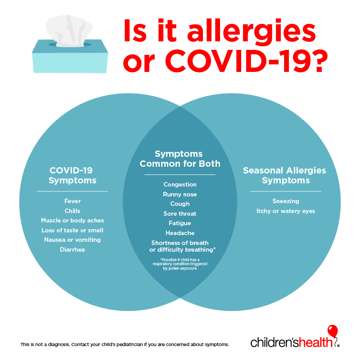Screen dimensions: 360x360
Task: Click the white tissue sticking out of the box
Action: click(x=69, y=31)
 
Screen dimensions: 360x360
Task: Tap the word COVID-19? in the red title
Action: click(x=246, y=61)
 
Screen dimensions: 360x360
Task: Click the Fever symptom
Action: click(x=72, y=201)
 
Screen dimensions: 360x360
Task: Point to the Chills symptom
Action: click(x=72, y=211)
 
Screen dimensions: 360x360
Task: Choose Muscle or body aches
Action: click(x=72, y=221)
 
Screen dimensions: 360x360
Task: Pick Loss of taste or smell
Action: click(x=72, y=230)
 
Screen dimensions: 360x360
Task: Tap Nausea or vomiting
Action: click(x=72, y=240)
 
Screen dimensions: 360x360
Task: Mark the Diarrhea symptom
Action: click(x=72, y=249)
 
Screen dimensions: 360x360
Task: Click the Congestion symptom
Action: click(x=180, y=185)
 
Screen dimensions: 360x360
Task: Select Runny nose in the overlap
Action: click(x=180, y=195)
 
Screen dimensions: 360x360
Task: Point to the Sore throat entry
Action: click(x=180, y=214)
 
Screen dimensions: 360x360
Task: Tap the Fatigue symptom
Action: click(x=180, y=223)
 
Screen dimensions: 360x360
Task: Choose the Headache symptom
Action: click(x=180, y=233)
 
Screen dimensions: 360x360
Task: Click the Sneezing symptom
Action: click(x=286, y=201)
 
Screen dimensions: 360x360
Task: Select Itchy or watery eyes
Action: click(x=286, y=211)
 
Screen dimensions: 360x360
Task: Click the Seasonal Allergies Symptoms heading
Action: click(x=284, y=176)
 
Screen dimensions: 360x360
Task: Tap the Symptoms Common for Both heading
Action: click(x=180, y=159)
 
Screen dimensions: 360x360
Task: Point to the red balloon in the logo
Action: click(x=333, y=331)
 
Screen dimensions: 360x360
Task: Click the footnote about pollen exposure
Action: click(x=180, y=264)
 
